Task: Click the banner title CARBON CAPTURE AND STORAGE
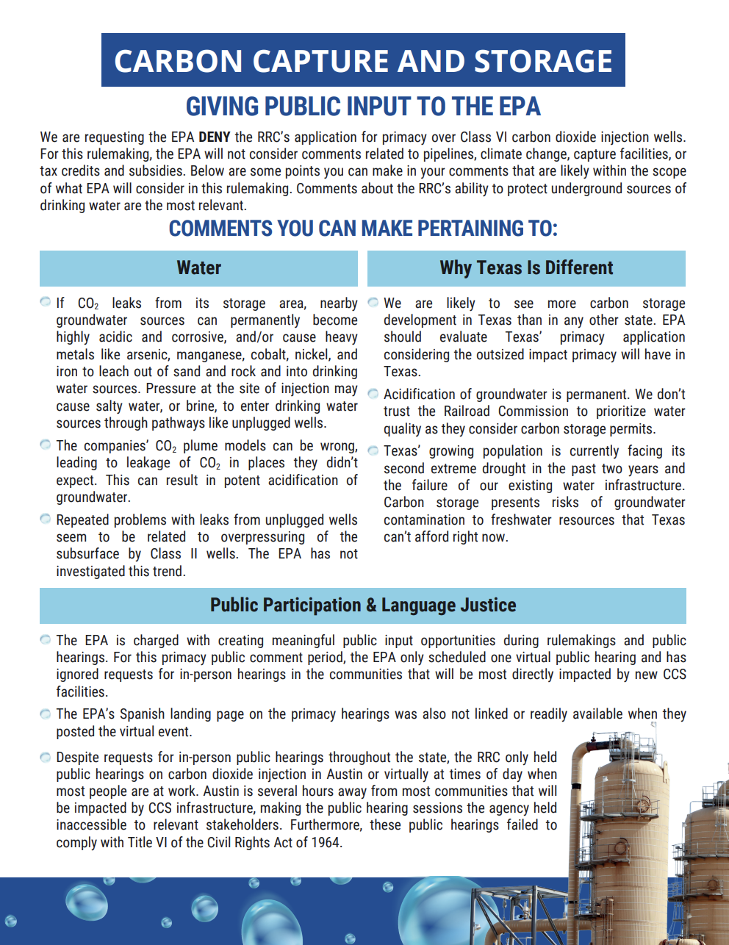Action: [x=363, y=61]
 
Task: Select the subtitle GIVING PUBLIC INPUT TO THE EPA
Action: [x=363, y=107]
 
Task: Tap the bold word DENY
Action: [x=214, y=137]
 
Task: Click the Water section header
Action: [x=198, y=268]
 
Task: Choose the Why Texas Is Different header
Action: [x=526, y=268]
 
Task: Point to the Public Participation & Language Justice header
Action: [x=363, y=606]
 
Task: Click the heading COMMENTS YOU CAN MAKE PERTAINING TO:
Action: [x=363, y=229]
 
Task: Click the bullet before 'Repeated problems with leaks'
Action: [x=46, y=519]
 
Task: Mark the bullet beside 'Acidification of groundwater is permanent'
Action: [x=373, y=394]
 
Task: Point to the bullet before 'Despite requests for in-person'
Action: [x=46, y=757]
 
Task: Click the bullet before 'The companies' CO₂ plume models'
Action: [x=46, y=445]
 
